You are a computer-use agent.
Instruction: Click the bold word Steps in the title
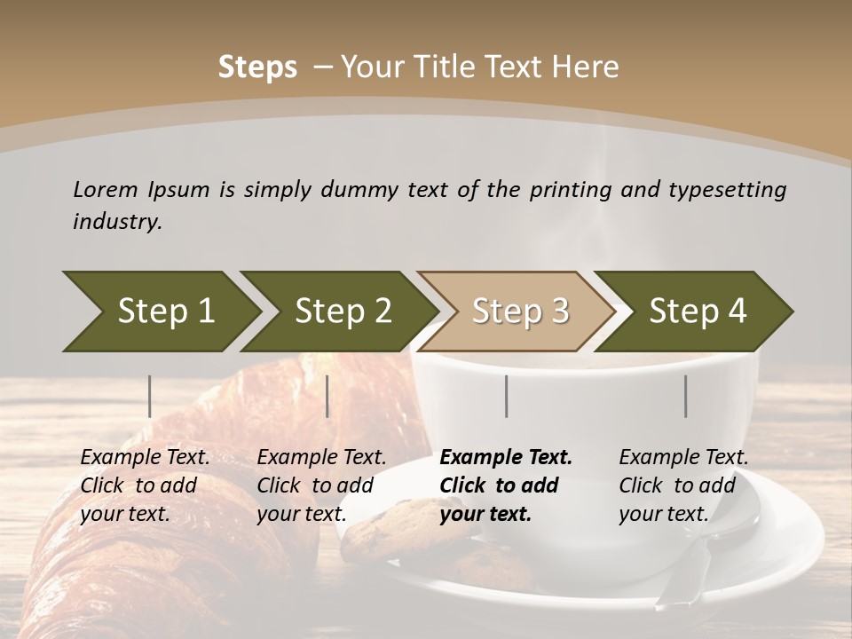[x=257, y=67]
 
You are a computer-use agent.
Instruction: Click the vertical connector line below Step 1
[x=150, y=396]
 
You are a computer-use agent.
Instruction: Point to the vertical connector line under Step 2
[x=327, y=396]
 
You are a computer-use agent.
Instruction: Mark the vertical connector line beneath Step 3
[x=507, y=396]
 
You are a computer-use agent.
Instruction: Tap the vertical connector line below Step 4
[x=686, y=396]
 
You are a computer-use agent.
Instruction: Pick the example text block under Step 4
[x=683, y=485]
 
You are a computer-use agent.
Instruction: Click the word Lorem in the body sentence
[x=106, y=189]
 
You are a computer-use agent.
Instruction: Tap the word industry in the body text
[x=117, y=222]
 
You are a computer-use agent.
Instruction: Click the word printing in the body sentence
[x=571, y=190]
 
